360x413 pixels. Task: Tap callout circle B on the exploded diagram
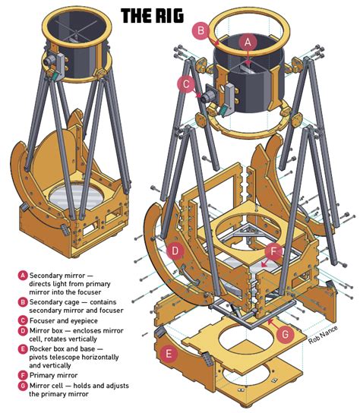click(201, 31)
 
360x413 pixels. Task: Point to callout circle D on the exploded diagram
click(175, 251)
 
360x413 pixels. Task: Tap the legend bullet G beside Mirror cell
click(24, 386)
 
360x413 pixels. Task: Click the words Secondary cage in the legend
click(56, 301)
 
